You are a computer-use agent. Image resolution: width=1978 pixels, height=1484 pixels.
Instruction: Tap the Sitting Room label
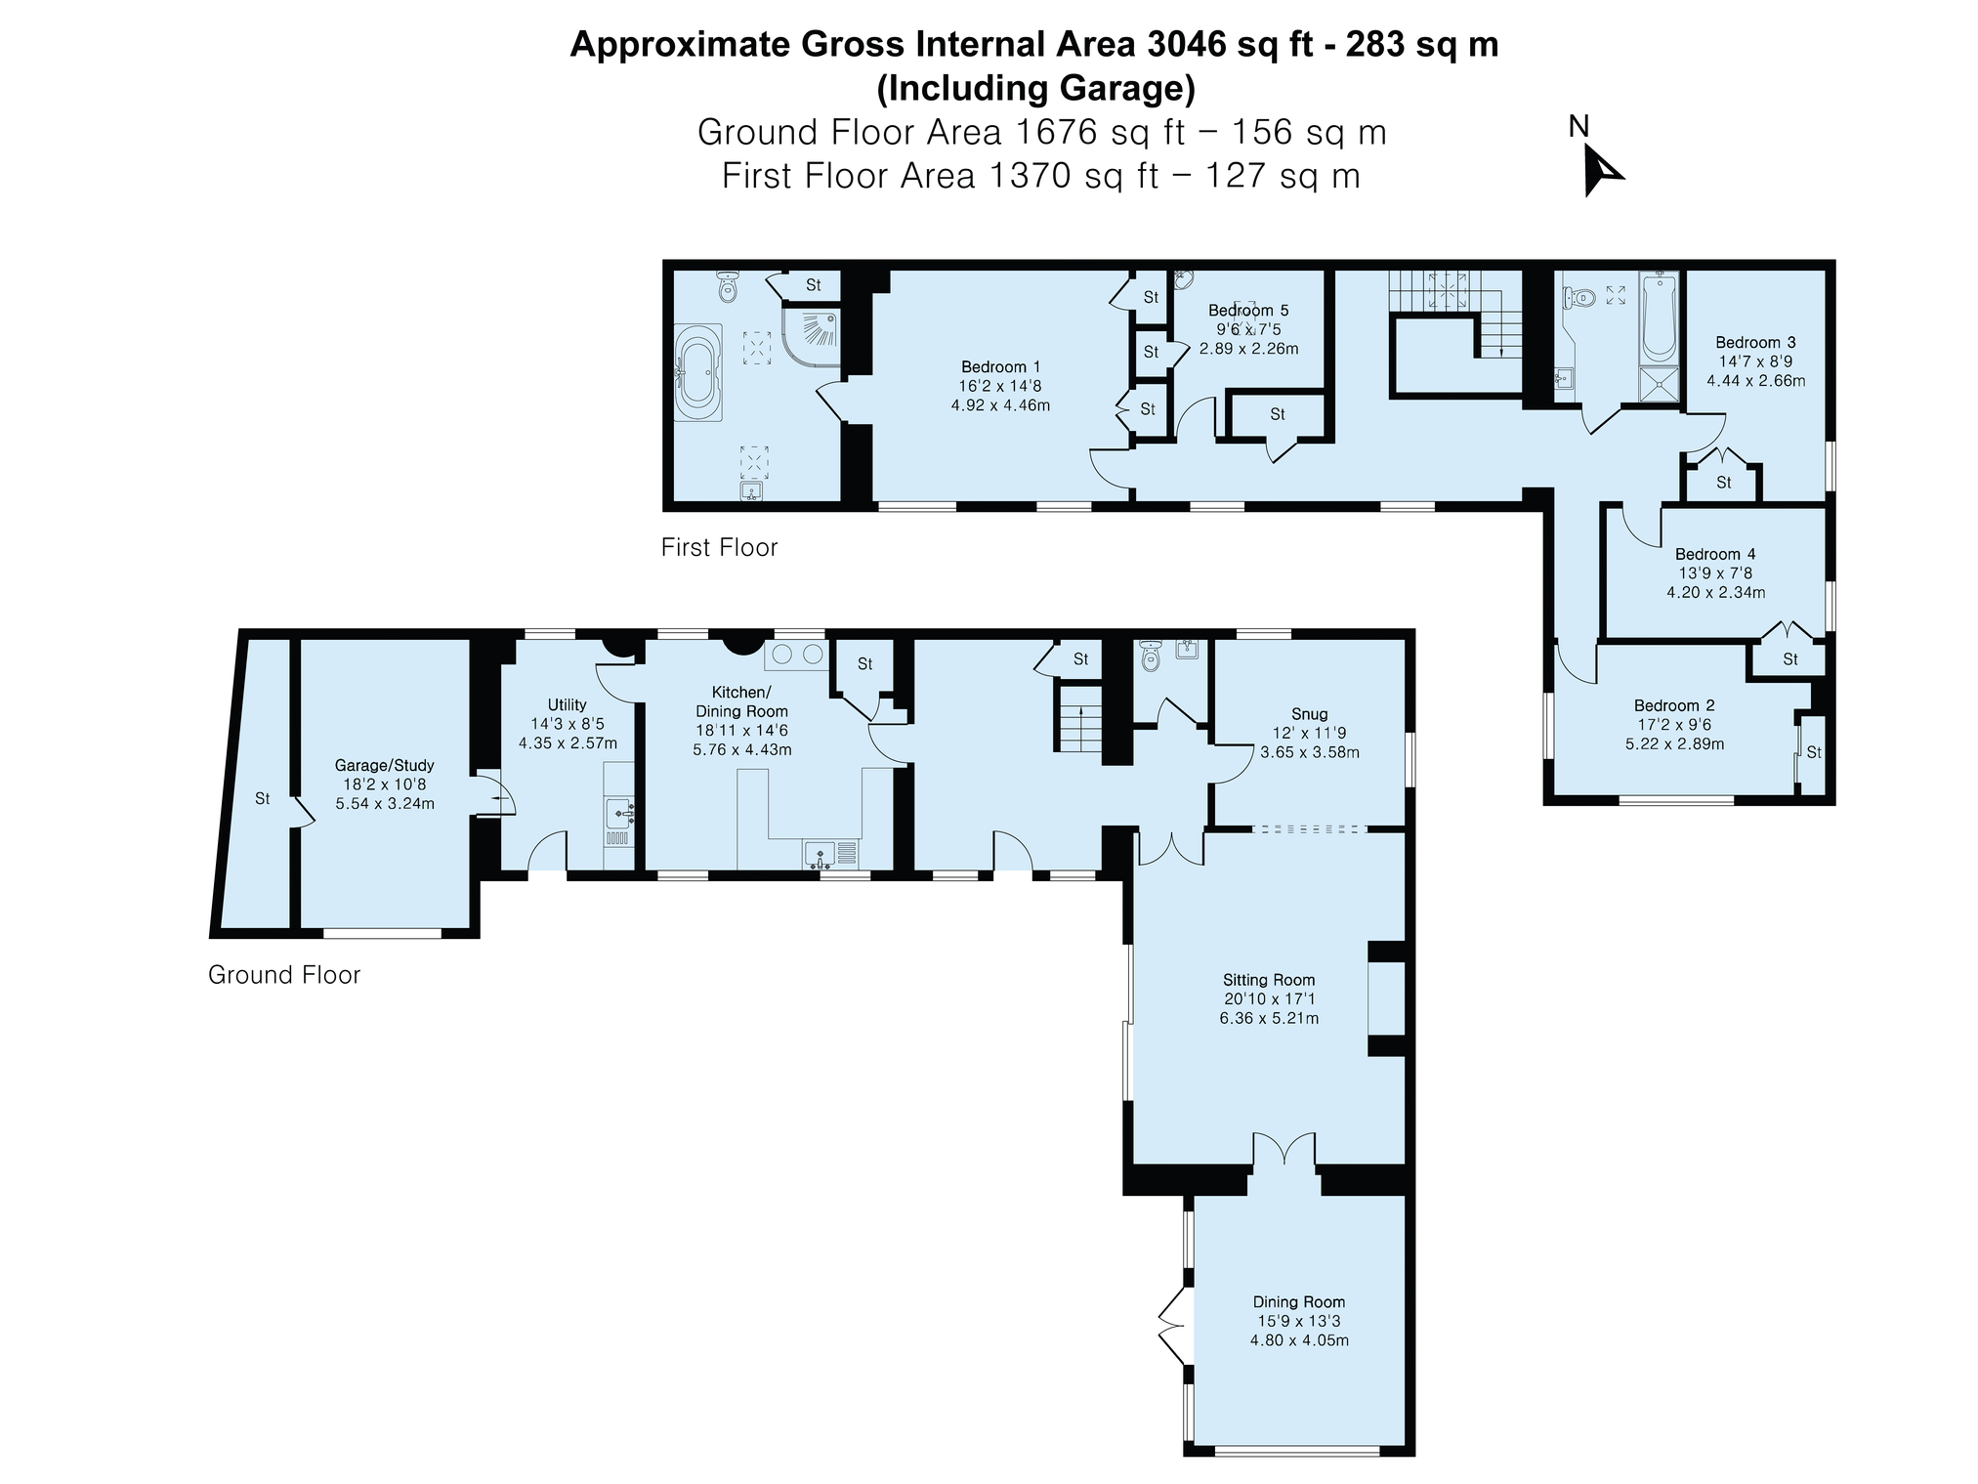tap(1269, 980)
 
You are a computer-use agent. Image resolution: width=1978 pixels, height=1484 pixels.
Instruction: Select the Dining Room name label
tap(1299, 1301)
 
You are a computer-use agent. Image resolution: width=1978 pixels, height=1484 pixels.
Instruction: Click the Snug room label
tap(1310, 714)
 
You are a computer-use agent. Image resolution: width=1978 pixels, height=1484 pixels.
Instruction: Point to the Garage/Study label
tap(385, 766)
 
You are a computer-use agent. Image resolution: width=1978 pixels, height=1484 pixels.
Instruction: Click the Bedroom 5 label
tap(1248, 311)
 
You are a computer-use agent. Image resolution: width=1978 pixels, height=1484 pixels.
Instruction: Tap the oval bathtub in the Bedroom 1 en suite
tap(697, 372)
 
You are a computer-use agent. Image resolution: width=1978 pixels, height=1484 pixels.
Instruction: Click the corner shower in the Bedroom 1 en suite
tap(812, 336)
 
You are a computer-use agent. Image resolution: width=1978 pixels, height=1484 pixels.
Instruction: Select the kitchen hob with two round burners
tap(796, 655)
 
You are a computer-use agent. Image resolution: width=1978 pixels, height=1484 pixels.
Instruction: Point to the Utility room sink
tap(619, 810)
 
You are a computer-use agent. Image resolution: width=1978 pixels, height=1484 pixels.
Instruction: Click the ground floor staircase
tap(1079, 718)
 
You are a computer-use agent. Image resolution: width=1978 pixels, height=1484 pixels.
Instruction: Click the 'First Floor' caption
tap(719, 547)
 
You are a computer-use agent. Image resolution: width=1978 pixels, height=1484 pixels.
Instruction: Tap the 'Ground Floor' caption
tap(284, 975)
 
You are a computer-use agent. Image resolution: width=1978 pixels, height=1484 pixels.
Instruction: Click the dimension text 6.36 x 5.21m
tap(1269, 1018)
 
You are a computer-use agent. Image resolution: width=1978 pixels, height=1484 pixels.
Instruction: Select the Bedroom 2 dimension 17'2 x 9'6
tap(1674, 725)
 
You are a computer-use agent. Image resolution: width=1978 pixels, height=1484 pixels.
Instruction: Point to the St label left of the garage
tap(262, 798)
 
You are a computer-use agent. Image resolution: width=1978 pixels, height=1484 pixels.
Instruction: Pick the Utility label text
tap(568, 704)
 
